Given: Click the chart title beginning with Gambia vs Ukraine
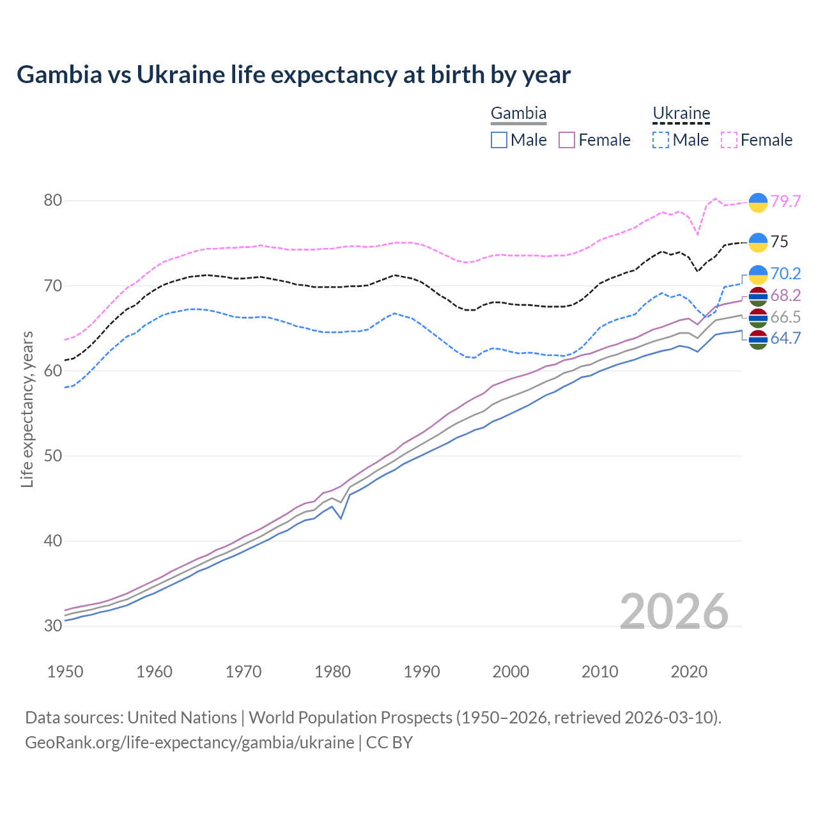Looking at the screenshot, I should tap(293, 75).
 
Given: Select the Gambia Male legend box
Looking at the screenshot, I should tap(499, 140).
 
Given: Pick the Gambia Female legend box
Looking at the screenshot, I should tap(567, 140).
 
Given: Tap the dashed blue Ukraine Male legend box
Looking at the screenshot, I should tap(661, 140).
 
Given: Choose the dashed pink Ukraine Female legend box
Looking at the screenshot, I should tap(729, 140).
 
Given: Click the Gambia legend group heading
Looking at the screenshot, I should tap(518, 114).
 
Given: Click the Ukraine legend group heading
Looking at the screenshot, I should tap(681, 114).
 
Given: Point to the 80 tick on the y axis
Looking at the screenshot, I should tap(52, 201).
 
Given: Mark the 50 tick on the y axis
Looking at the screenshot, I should tap(52, 456).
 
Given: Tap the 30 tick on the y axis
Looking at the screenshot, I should tap(52, 626).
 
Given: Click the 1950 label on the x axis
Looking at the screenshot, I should tap(65, 672).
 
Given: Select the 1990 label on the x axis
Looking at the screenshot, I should tap(422, 672).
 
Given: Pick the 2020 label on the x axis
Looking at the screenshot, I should tap(689, 672).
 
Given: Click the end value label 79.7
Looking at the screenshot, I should tap(785, 201).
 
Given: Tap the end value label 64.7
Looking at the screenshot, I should tap(785, 339).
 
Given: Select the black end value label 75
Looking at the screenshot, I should tap(780, 242).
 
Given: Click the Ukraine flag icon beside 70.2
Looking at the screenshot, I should tap(758, 274).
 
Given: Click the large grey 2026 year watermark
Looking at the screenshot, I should tap(674, 612).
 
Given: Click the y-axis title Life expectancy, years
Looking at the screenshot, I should tap(27, 409).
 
